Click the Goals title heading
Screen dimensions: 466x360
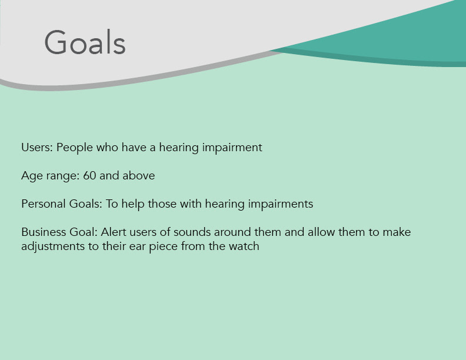[85, 42]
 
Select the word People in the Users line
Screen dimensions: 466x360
[75, 148]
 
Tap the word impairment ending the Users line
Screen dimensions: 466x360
[232, 147]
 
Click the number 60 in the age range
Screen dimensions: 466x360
[89, 175]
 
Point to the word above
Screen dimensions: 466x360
[138, 175]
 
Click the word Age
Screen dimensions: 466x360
[32, 176]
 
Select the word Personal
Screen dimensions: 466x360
[44, 204]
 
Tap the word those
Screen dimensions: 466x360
[162, 204]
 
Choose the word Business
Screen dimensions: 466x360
[44, 232]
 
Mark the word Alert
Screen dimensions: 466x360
[114, 232]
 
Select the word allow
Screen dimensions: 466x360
[321, 232]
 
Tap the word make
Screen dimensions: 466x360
[397, 232]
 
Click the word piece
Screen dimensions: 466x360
[163, 247]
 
